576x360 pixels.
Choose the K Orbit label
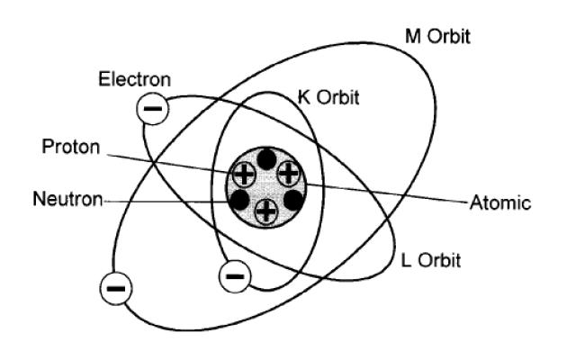click(x=328, y=98)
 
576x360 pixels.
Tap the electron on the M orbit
click(x=118, y=289)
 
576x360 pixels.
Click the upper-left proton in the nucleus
click(x=244, y=174)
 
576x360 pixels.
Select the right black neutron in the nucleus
click(x=292, y=200)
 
